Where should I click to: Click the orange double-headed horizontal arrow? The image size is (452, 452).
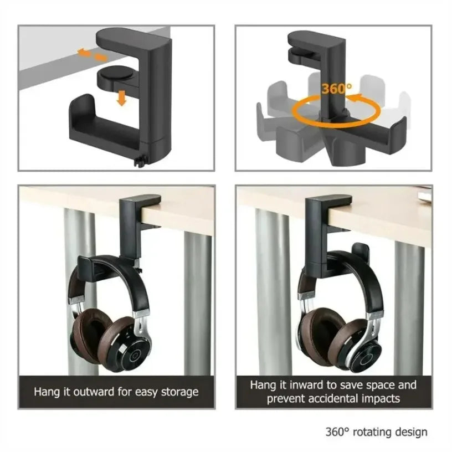pos(93,54)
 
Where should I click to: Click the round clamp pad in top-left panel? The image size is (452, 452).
pos(112,76)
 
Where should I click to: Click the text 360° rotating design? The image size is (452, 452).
pos(376,432)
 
